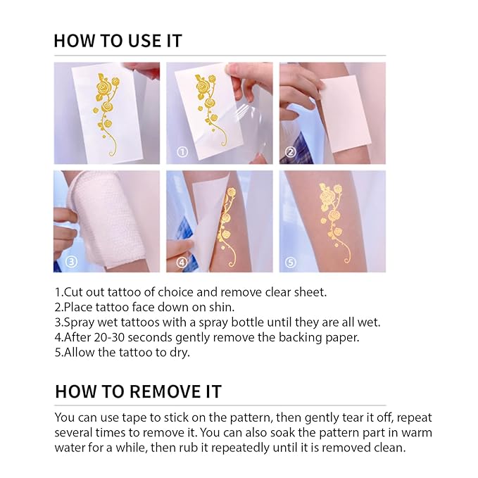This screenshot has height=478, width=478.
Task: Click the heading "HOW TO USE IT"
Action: pos(118,40)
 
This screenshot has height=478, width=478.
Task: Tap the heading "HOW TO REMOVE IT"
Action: pos(137,391)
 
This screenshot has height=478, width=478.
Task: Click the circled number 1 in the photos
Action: pos(182,151)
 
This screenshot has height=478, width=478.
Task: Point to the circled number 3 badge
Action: pos(70,262)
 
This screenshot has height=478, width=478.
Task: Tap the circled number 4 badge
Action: pos(182,262)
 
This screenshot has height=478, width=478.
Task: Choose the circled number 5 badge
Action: pos(290,262)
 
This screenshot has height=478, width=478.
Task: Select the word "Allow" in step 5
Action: pos(80,352)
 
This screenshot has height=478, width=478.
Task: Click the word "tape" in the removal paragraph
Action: pos(136,417)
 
